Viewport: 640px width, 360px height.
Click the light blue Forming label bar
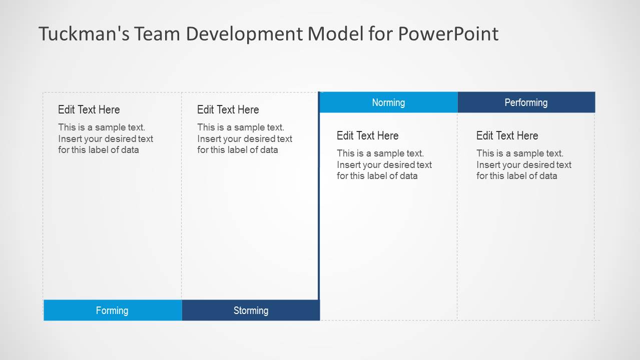tap(113, 310)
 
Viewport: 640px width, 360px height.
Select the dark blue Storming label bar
tap(251, 310)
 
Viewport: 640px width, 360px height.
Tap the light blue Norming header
tap(388, 102)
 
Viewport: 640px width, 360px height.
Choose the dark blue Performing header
tap(526, 102)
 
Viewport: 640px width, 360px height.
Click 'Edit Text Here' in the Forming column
tap(89, 109)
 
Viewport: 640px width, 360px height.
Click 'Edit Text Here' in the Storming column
tap(228, 109)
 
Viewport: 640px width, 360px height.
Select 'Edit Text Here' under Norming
tap(368, 135)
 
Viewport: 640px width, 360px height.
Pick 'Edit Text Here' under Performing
tap(507, 135)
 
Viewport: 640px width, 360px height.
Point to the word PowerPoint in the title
tap(448, 34)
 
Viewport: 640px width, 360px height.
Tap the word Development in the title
tap(244, 34)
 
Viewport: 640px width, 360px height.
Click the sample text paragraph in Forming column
tap(105, 138)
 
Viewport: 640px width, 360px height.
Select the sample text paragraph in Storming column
tap(244, 138)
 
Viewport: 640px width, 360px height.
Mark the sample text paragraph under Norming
tap(384, 164)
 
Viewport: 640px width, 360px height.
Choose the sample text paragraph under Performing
tap(523, 164)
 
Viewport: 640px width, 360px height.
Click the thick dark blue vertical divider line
tap(319, 200)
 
